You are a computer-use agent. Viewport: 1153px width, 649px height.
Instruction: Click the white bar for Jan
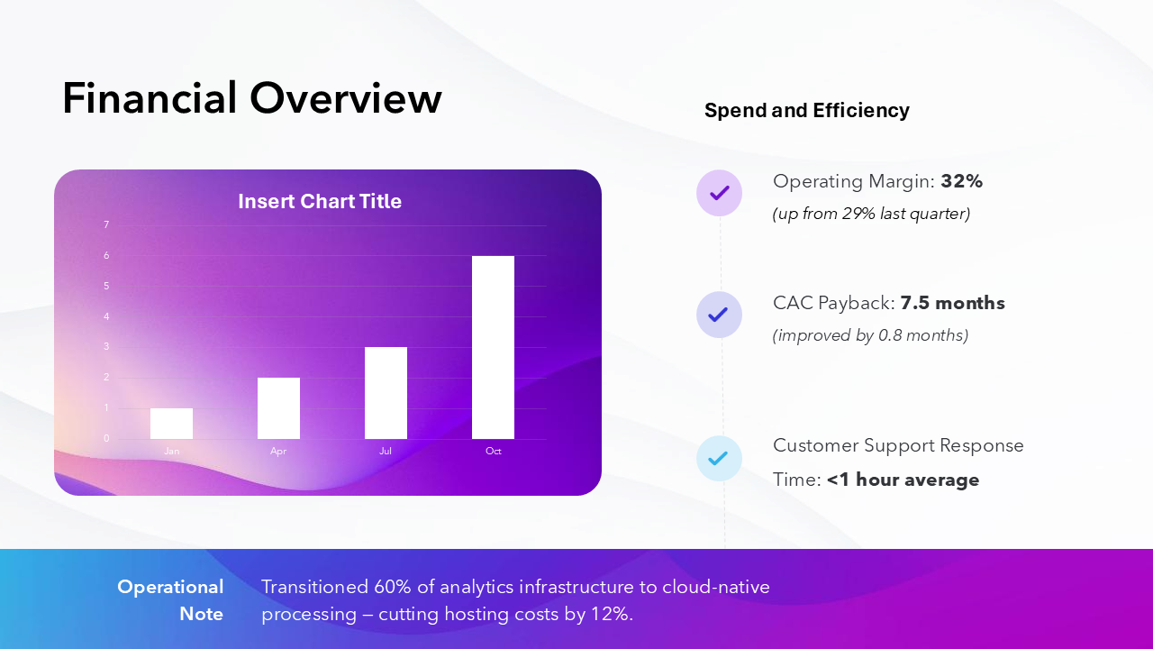pyautogui.click(x=171, y=424)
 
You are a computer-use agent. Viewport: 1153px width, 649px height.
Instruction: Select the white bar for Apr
pyautogui.click(x=278, y=408)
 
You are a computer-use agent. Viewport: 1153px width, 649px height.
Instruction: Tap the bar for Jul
pyautogui.click(x=386, y=393)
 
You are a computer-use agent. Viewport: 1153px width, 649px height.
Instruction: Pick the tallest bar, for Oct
pyautogui.click(x=493, y=347)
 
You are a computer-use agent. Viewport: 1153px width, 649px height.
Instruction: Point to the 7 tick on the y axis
pyautogui.click(x=106, y=224)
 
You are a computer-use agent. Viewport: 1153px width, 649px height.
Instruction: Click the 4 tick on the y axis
pyautogui.click(x=106, y=316)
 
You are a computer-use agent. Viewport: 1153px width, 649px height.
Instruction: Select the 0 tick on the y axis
pyautogui.click(x=106, y=438)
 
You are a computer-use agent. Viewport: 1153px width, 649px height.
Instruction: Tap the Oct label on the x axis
pyautogui.click(x=493, y=452)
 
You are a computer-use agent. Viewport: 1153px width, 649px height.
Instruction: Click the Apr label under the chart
pyautogui.click(x=278, y=452)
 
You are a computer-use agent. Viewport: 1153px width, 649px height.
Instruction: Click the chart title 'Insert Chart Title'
pyautogui.click(x=320, y=201)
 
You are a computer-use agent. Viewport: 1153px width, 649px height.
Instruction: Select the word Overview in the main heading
pyautogui.click(x=346, y=98)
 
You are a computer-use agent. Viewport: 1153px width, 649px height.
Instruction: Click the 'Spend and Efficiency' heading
pyautogui.click(x=806, y=110)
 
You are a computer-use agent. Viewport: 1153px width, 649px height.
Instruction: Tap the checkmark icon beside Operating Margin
pyautogui.click(x=719, y=193)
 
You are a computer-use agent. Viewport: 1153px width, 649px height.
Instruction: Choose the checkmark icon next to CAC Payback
pyautogui.click(x=719, y=315)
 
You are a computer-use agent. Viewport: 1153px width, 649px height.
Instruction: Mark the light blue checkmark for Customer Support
pyautogui.click(x=719, y=458)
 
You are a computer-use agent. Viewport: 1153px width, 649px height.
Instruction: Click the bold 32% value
pyautogui.click(x=961, y=181)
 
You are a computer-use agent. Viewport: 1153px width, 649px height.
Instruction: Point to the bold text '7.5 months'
pyautogui.click(x=952, y=303)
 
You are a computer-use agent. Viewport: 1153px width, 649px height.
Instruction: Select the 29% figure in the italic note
pyautogui.click(x=858, y=214)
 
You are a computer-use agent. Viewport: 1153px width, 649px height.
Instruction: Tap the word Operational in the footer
pyautogui.click(x=170, y=587)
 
